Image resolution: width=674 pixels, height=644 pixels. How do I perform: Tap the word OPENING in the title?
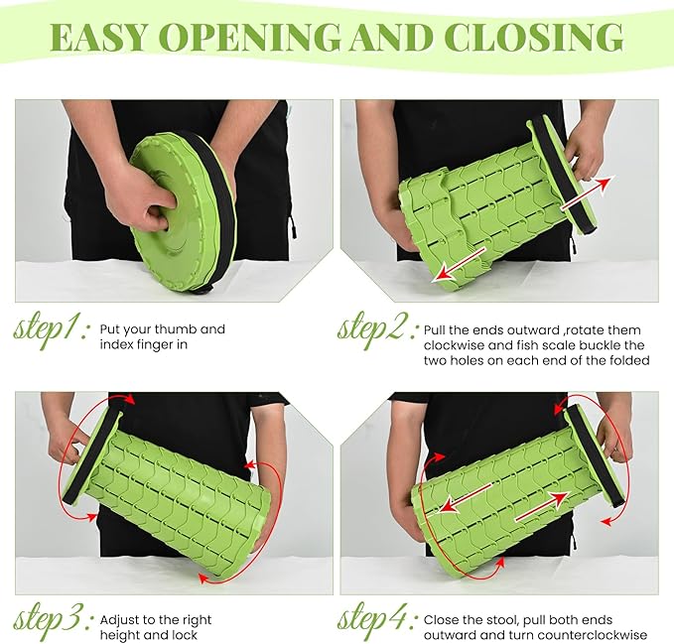click(250, 38)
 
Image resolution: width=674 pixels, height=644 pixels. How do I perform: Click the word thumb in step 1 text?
click(175, 329)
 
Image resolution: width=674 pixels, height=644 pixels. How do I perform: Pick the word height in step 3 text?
click(122, 635)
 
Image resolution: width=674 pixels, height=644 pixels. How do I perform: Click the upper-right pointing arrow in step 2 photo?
click(587, 193)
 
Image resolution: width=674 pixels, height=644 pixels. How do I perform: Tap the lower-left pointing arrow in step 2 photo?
click(459, 265)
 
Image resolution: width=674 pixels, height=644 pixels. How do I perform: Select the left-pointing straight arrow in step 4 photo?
click(466, 497)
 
